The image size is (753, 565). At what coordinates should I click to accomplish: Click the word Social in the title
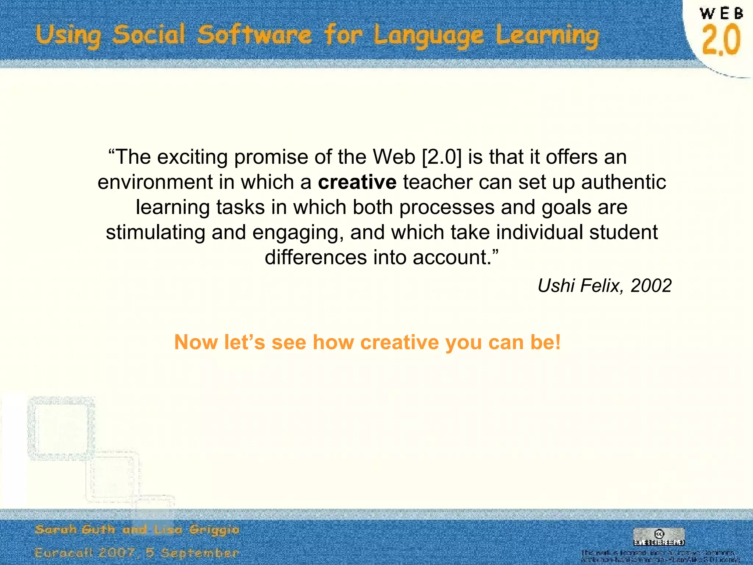[x=149, y=35]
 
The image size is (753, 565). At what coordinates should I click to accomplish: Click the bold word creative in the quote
[x=357, y=182]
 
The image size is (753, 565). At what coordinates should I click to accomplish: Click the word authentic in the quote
[x=624, y=182]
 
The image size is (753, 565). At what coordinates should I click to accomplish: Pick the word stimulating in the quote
[x=156, y=232]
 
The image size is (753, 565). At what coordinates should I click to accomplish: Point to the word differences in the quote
[x=315, y=257]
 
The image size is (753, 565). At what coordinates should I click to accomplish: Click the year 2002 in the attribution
[x=651, y=285]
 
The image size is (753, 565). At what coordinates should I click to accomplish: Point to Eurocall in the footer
[x=64, y=553]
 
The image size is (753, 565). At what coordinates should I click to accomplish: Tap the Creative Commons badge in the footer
[x=659, y=537]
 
